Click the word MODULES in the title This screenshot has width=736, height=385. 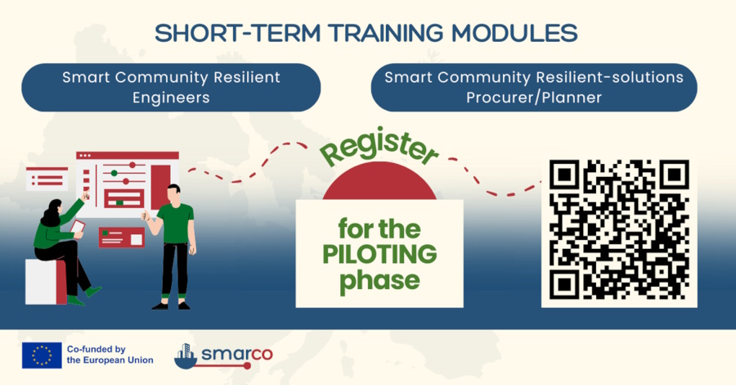514,34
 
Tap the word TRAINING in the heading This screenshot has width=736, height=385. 385,34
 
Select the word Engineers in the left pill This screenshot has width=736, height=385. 171,97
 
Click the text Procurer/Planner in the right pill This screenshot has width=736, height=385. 534,97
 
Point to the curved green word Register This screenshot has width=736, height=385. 379,146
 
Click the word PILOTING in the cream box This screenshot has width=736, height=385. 379,254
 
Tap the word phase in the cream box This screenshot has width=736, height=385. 379,280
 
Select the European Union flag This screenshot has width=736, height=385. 42,355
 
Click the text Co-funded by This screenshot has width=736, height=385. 96,349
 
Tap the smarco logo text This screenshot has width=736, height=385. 237,354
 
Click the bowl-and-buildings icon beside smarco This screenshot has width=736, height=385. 186,356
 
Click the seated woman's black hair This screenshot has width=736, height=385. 52,212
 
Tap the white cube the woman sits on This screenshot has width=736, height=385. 46,282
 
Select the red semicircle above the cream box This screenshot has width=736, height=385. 379,182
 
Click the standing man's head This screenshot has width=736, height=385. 173,194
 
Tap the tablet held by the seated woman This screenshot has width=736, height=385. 78,228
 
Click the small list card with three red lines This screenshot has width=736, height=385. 47,179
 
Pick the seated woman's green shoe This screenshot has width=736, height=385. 93,292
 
